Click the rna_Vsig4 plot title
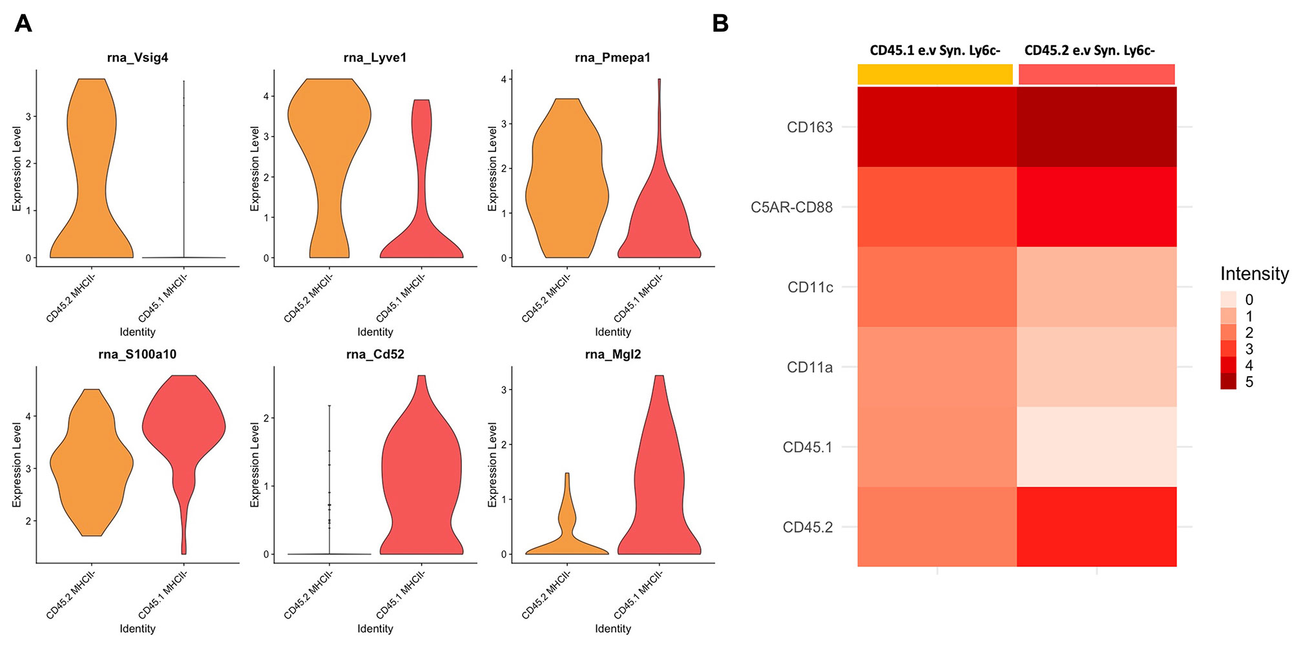click(x=138, y=58)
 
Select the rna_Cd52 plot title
click(x=375, y=354)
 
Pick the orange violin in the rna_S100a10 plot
click(x=92, y=465)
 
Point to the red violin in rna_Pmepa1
click(x=659, y=220)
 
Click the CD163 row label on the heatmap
click(x=809, y=127)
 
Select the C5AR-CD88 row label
click(x=791, y=207)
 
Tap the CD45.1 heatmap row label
click(x=807, y=447)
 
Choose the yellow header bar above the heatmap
click(x=935, y=74)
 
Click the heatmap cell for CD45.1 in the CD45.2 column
click(x=1096, y=447)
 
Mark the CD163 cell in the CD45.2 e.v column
click(x=1096, y=127)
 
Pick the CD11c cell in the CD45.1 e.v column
click(x=937, y=287)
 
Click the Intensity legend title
click(x=1254, y=274)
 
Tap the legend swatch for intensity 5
click(x=1228, y=382)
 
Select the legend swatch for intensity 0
click(x=1228, y=299)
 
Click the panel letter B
click(x=720, y=24)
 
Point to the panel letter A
click(x=23, y=24)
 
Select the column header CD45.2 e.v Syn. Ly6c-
click(x=1089, y=50)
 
